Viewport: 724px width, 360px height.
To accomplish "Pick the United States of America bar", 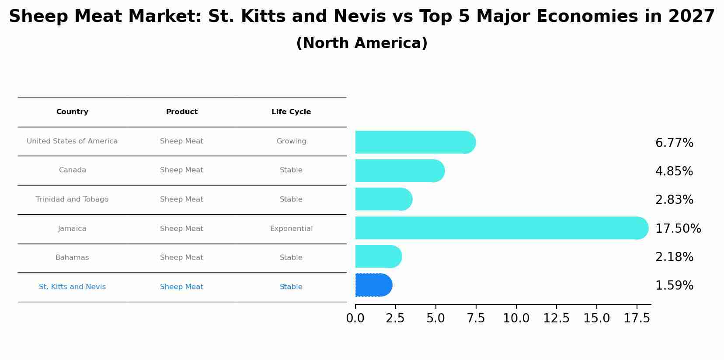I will coord(415,142).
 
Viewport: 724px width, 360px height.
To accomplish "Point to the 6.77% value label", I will coord(674,143).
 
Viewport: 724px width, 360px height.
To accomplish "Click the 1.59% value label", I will coord(674,286).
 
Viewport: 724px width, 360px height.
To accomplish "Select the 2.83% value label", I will coord(674,200).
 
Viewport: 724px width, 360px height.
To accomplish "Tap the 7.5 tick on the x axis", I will coord(476,318).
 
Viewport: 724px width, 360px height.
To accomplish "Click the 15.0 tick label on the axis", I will coord(596,318).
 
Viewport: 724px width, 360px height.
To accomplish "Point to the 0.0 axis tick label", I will coord(355,318).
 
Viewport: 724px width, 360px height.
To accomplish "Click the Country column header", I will coord(72,112).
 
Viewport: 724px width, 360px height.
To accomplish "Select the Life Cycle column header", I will coord(291,112).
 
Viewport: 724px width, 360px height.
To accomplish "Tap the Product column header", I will coord(181,112).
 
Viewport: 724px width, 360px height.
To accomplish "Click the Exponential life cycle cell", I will coord(291,229).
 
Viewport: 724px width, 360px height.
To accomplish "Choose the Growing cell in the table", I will coord(291,141).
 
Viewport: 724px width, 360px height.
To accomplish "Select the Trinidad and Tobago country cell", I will coord(72,199).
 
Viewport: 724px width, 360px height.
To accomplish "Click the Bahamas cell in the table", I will coord(72,258).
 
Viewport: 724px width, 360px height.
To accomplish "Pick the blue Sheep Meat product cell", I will coord(181,287).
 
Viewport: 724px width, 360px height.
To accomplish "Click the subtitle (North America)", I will coord(362,43).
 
